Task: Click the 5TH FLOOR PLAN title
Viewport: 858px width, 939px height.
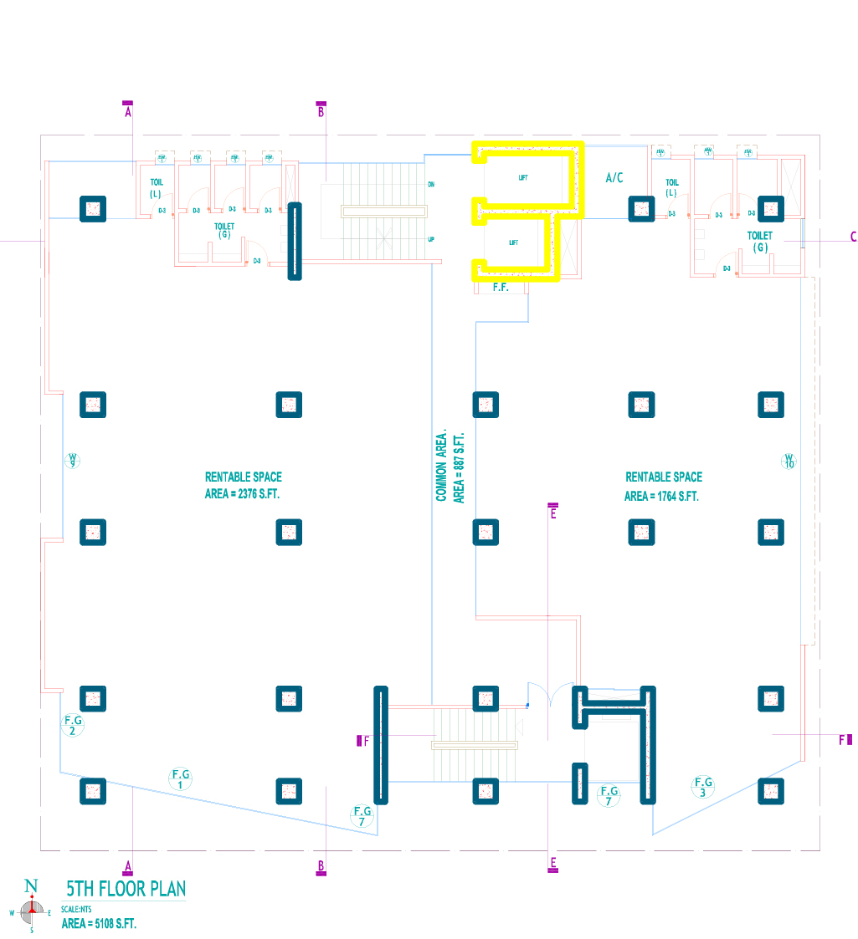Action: pyautogui.click(x=126, y=888)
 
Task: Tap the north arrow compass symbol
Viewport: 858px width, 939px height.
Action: pyautogui.click(x=32, y=906)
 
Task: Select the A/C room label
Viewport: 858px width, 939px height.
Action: pyautogui.click(x=614, y=178)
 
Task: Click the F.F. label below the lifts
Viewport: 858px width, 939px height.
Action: pyautogui.click(x=501, y=288)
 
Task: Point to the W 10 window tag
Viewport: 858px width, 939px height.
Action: pyautogui.click(x=788, y=460)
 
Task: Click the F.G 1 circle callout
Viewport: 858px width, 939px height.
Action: pyautogui.click(x=180, y=779)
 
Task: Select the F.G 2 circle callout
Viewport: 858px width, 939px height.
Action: pyautogui.click(x=73, y=725)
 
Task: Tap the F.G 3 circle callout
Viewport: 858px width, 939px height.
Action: pyautogui.click(x=704, y=787)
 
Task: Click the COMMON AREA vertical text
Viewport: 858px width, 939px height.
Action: pyautogui.click(x=441, y=467)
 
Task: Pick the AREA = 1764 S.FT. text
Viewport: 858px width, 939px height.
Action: pyautogui.click(x=661, y=496)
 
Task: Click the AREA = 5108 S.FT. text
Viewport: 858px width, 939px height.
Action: pyautogui.click(x=99, y=924)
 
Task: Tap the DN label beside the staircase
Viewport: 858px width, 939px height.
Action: pyautogui.click(x=431, y=184)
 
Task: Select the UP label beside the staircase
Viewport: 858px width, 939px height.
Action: pyautogui.click(x=431, y=239)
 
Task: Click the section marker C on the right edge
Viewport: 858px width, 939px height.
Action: pyautogui.click(x=853, y=237)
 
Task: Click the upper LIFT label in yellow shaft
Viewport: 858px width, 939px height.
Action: pyautogui.click(x=523, y=178)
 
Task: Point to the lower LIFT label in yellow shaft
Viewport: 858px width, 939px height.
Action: pyautogui.click(x=515, y=242)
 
